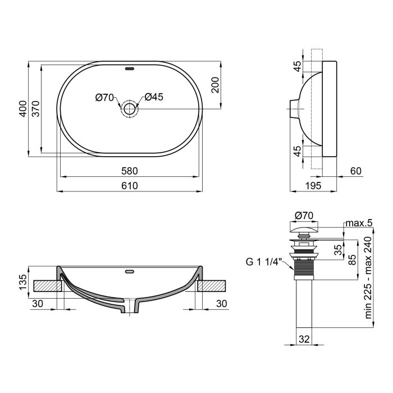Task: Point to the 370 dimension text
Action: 35,108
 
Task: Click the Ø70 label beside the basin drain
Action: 105,97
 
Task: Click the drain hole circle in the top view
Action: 130,108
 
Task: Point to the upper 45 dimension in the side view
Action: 298,66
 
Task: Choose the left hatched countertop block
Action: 46,285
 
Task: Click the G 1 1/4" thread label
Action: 263,262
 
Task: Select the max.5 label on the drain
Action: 359,223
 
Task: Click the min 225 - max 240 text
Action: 369,277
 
